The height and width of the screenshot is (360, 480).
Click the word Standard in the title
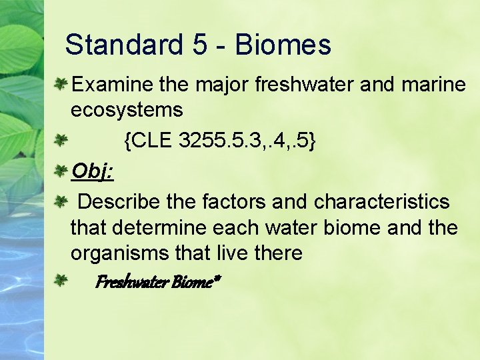pyautogui.click(x=124, y=45)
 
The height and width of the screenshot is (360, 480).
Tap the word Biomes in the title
pyautogui.click(x=283, y=45)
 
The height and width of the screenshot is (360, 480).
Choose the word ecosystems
pyautogui.click(x=127, y=109)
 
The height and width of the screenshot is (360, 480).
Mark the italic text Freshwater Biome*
pyautogui.click(x=157, y=283)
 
